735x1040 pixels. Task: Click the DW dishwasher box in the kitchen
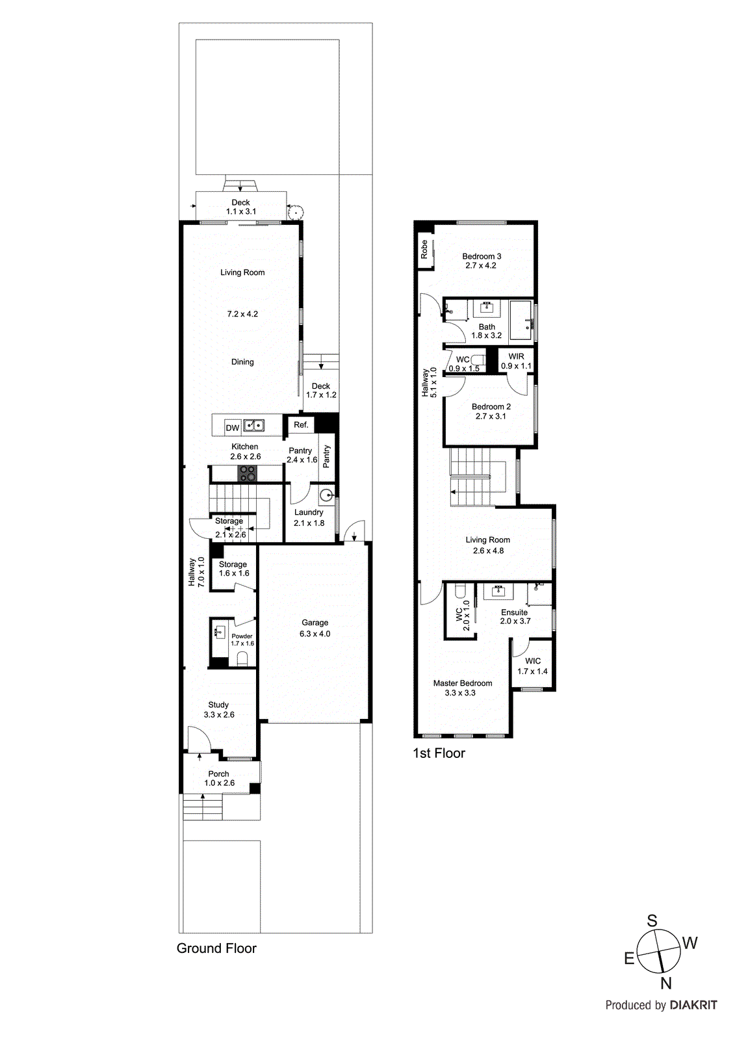(x=233, y=427)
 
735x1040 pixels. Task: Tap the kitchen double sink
(x=254, y=426)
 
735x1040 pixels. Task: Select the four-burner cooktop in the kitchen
(x=247, y=473)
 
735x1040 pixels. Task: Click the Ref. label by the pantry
(x=301, y=424)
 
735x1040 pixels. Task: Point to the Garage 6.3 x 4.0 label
(x=315, y=628)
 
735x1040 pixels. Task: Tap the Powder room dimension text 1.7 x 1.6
(x=242, y=643)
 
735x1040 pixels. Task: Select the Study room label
(x=218, y=705)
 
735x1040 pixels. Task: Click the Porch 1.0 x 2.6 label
(x=219, y=778)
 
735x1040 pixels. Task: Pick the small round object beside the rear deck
(x=295, y=211)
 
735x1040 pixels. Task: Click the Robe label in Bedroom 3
(x=424, y=250)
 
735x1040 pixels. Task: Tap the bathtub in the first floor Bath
(x=521, y=320)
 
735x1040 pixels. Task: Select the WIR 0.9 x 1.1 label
(x=516, y=361)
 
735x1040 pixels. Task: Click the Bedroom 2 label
(x=491, y=406)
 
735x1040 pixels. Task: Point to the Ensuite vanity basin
(x=499, y=592)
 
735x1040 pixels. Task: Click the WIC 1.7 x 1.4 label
(x=532, y=666)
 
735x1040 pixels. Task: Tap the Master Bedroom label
(x=462, y=683)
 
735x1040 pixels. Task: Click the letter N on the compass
(x=665, y=983)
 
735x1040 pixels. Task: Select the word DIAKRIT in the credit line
(x=693, y=1005)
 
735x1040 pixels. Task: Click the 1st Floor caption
(x=439, y=753)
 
